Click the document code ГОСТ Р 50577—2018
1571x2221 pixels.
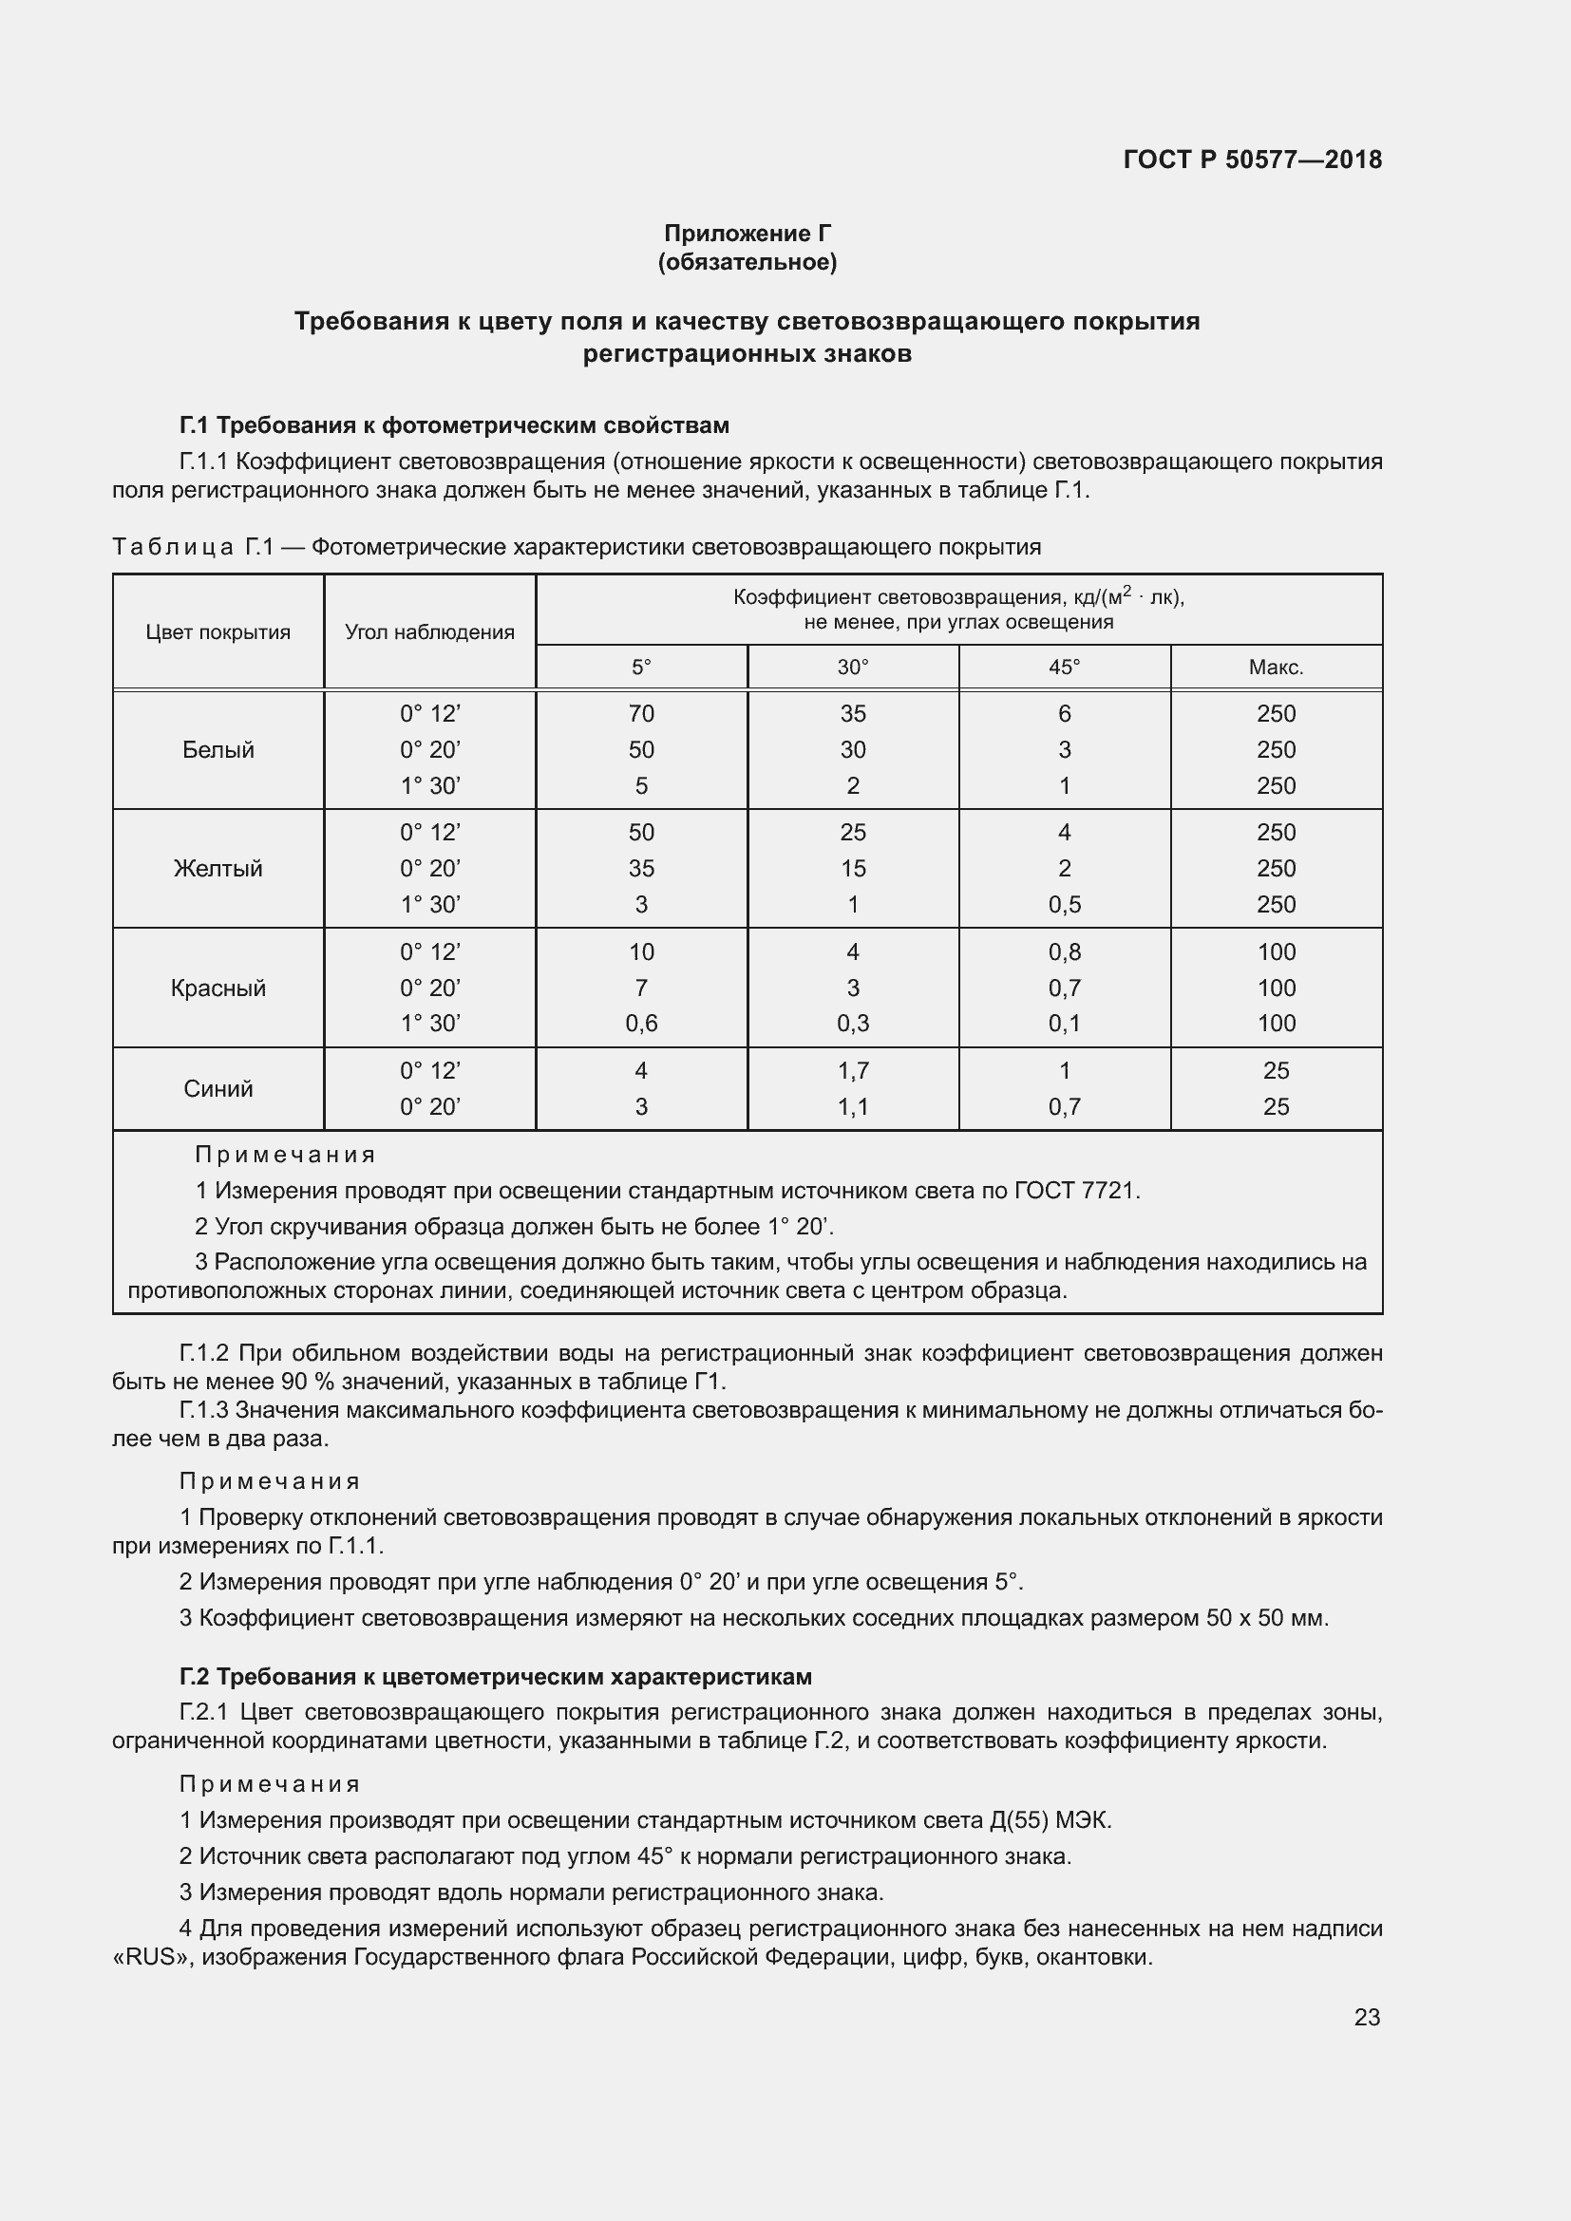coord(1252,160)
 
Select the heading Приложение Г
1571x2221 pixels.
coord(747,234)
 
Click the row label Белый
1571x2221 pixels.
coord(218,750)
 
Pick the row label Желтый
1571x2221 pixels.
coord(218,869)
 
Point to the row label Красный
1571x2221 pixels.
coord(218,988)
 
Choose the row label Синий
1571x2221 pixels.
coord(218,1089)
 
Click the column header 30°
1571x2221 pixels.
coord(852,668)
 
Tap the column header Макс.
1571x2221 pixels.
coord(1276,668)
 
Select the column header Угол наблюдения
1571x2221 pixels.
coord(429,632)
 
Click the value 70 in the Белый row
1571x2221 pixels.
coord(640,714)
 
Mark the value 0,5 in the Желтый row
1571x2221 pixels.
coord(1064,905)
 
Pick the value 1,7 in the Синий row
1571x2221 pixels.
coord(852,1071)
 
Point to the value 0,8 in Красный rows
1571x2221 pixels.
coord(1064,951)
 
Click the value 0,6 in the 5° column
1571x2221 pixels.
coord(640,1024)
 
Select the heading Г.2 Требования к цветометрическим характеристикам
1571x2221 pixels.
coord(495,1676)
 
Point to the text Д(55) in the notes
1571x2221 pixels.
coord(1019,1820)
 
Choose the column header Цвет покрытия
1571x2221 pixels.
coord(218,632)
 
